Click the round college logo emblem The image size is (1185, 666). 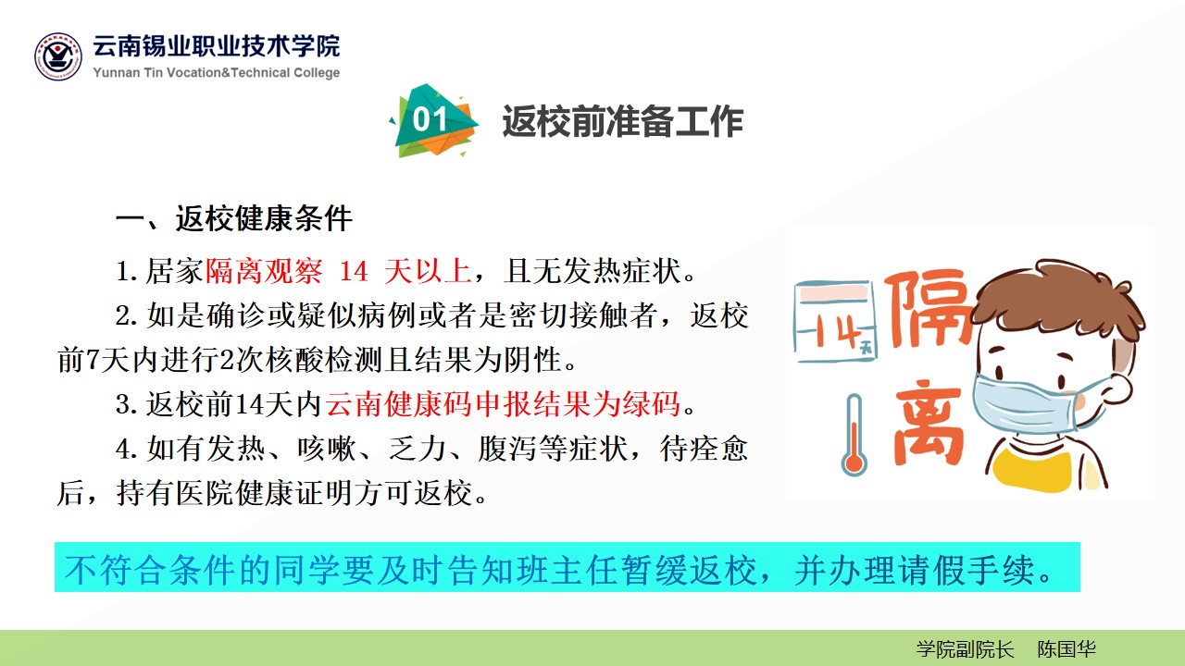pyautogui.click(x=58, y=56)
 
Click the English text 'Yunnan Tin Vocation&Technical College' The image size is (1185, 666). pyautogui.click(x=217, y=72)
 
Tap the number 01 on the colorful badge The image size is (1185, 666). pyautogui.click(x=430, y=119)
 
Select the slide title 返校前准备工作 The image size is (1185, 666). pyautogui.click(x=623, y=121)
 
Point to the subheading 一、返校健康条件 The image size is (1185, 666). pyautogui.click(x=234, y=218)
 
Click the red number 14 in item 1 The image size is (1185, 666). pyautogui.click(x=354, y=272)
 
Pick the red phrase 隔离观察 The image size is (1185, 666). pyautogui.click(x=264, y=272)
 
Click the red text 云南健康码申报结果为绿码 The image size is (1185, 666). pyautogui.click(x=503, y=404)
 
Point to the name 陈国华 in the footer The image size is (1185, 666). pyautogui.click(x=1066, y=649)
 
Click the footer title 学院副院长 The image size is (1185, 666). pyautogui.click(x=965, y=649)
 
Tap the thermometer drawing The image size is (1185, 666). pyautogui.click(x=854, y=435)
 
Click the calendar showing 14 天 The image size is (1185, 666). pyautogui.click(x=835, y=321)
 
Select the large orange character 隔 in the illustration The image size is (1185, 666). pyautogui.click(x=929, y=308)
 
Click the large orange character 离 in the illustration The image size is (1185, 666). pyautogui.click(x=929, y=422)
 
